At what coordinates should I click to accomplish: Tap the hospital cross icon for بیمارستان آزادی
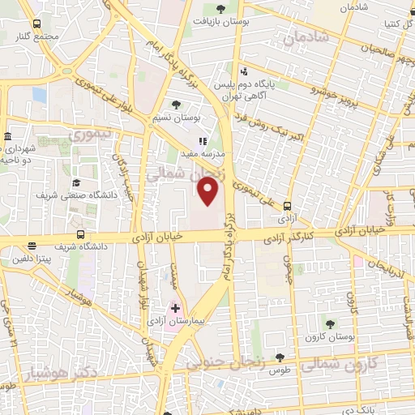pos(175,308)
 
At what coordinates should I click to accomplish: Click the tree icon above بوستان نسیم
pos(177,105)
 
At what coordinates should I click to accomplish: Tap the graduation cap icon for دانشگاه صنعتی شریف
pos(76,182)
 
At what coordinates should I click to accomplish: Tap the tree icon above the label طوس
pos(280,357)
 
